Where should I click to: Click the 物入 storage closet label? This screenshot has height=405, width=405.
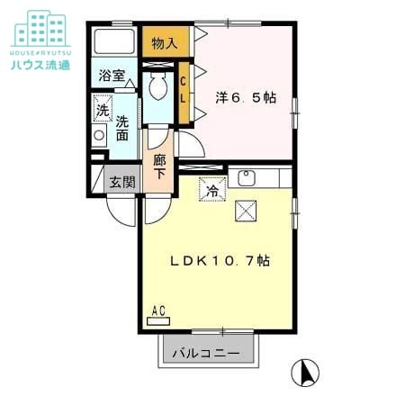[x=165, y=43]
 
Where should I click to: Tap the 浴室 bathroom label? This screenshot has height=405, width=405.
[x=112, y=76]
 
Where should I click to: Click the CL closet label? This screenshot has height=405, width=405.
[x=183, y=90]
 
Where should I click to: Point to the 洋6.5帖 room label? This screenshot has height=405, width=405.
[x=246, y=97]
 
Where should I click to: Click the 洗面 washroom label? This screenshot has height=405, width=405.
[x=122, y=128]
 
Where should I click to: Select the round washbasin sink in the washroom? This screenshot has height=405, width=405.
[x=99, y=135]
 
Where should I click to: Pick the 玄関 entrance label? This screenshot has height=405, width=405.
[x=122, y=182]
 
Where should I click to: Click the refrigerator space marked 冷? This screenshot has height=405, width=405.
[x=212, y=189]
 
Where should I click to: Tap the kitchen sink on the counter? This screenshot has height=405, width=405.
[x=247, y=178]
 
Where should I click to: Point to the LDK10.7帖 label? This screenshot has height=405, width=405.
[x=220, y=261]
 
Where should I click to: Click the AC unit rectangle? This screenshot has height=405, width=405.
[x=158, y=321]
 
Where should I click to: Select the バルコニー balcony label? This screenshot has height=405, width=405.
[x=206, y=354]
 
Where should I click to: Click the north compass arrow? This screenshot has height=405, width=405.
[x=308, y=373]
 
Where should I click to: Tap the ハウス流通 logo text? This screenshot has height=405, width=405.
[x=40, y=65]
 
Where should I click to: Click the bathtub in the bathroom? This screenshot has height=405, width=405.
[x=114, y=41]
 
